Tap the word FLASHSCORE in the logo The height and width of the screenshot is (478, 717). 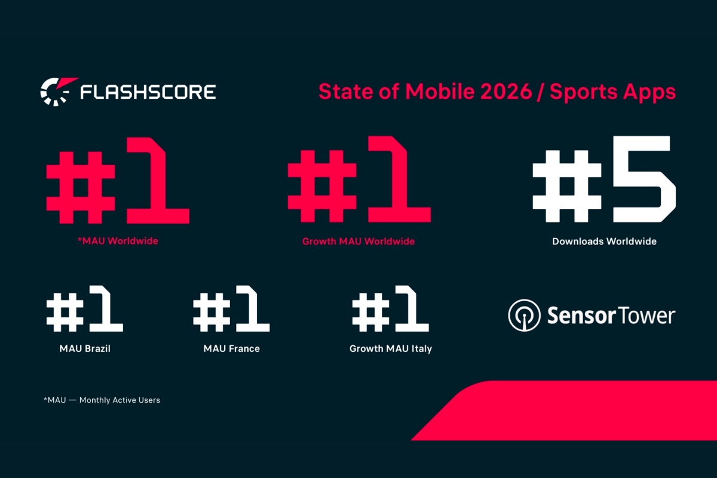click(148, 92)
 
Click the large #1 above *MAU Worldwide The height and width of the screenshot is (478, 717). click(118, 180)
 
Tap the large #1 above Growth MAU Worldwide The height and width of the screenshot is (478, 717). click(358, 180)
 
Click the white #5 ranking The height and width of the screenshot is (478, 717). click(604, 180)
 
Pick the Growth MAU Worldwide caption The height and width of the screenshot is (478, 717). click(358, 241)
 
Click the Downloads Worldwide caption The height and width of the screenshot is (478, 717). click(604, 241)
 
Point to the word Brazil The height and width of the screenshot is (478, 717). click(97, 348)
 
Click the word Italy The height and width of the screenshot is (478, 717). click(420, 348)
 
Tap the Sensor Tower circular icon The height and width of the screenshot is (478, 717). click(524, 315)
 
